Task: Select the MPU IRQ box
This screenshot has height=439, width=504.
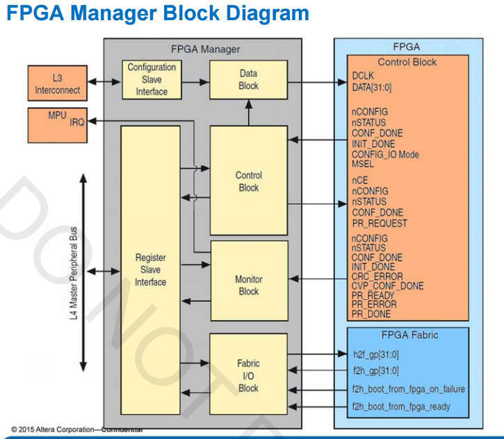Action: click(58, 121)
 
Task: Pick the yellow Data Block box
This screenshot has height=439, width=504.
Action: click(247, 79)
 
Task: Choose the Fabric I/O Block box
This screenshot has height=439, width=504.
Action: click(248, 375)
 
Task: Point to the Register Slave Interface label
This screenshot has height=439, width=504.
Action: click(150, 270)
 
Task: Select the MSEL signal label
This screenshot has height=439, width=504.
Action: click(364, 165)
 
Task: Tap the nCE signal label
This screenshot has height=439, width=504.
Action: click(359, 180)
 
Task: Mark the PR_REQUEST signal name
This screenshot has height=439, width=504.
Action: click(380, 223)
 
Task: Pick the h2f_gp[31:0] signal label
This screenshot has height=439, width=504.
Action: click(375, 353)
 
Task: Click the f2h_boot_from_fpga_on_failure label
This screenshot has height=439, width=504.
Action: click(408, 388)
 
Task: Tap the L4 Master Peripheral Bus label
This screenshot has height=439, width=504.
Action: click(74, 271)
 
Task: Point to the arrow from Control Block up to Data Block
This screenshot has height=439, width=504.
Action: click(247, 111)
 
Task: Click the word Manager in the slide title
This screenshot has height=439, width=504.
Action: click(120, 13)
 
